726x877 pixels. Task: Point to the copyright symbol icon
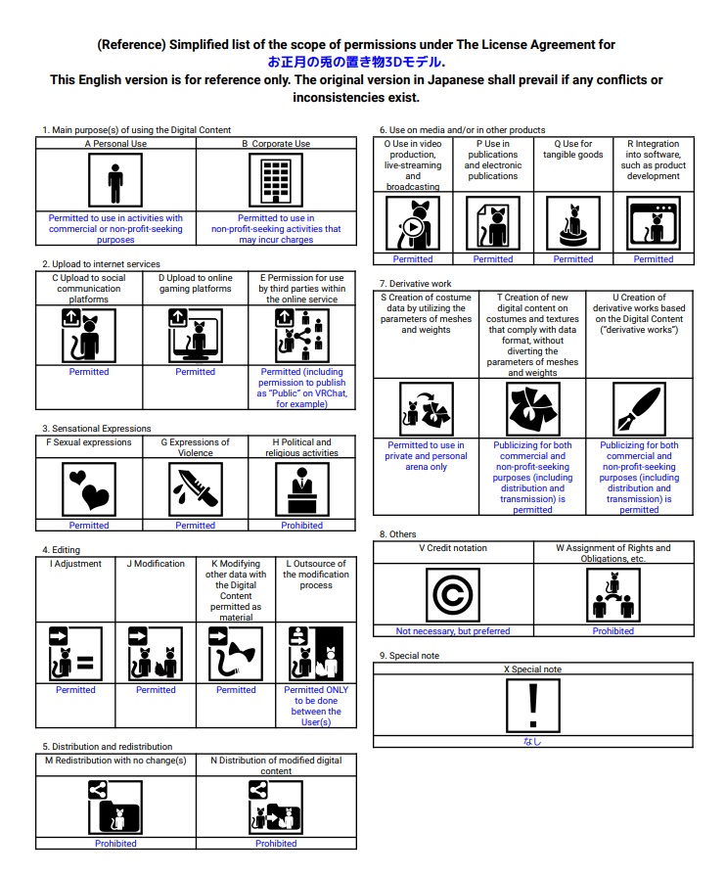[453, 593]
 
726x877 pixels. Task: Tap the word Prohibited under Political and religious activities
[301, 526]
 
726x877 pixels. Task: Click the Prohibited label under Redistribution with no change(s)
[115, 844]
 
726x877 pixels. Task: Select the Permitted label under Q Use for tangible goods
[573, 259]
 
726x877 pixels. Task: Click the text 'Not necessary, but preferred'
[453, 631]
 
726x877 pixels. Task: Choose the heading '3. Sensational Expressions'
[96, 429]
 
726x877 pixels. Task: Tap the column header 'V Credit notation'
[453, 548]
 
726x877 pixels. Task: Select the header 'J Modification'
[156, 564]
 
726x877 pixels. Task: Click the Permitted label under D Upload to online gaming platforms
[196, 372]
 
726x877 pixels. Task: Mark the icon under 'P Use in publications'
[493, 223]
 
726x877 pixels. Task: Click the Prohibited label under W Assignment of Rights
[613, 631]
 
